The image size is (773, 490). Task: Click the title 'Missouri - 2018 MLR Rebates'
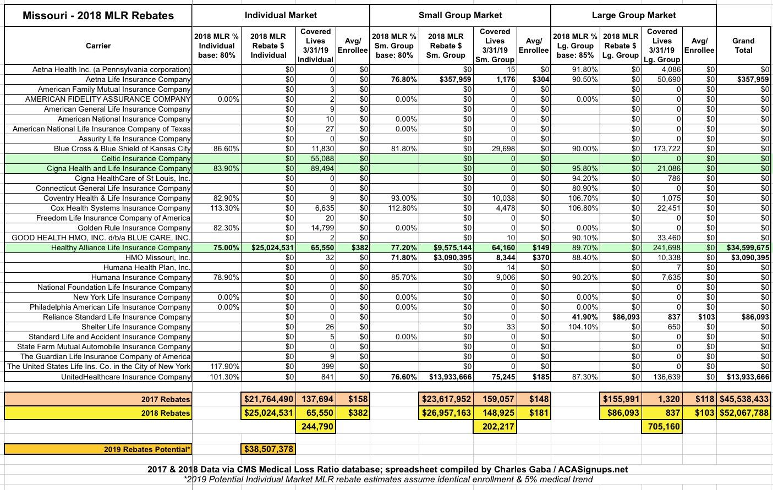[x=98, y=15]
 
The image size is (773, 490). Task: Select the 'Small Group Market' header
[x=460, y=15]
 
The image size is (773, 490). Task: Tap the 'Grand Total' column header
[x=743, y=45]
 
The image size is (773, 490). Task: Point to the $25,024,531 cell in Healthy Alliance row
[x=268, y=247]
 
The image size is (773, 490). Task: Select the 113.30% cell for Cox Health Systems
[x=224, y=208]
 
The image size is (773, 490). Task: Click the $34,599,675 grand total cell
[x=744, y=247]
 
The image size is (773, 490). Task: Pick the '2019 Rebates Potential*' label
[x=147, y=449]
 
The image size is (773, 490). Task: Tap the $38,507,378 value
[x=268, y=449]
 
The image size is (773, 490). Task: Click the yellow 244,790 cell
[x=315, y=426]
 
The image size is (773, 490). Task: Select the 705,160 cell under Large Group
[x=664, y=426]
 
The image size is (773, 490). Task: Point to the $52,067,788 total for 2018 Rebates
[x=744, y=412]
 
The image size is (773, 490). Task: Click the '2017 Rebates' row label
[x=165, y=399]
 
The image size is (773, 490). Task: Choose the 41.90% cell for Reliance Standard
[x=585, y=317]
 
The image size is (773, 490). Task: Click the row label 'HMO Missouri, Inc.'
[x=158, y=257]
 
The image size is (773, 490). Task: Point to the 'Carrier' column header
[x=98, y=46]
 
